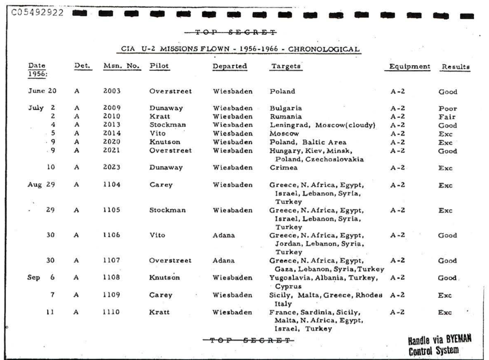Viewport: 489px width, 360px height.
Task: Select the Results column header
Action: [455, 67]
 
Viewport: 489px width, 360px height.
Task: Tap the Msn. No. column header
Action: [121, 66]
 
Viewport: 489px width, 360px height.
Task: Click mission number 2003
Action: [112, 92]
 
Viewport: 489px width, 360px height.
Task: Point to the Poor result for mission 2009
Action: [447, 108]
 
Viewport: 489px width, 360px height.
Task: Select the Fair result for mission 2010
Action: [446, 117]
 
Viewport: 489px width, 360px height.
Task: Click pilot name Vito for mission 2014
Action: [157, 134]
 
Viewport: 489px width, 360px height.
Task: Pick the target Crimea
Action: [283, 168]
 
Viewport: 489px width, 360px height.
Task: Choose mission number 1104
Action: [111, 185]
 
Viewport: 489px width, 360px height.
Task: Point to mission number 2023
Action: [112, 168]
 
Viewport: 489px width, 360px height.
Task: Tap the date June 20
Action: [43, 92]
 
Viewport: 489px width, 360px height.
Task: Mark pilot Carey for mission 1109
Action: [160, 295]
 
